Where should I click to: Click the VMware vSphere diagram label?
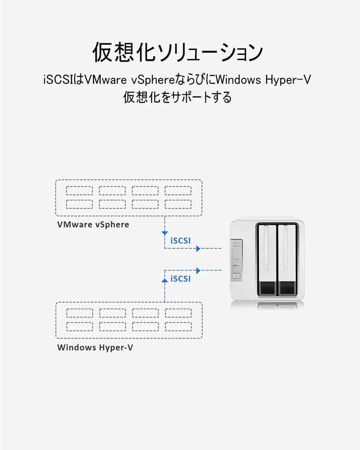click(x=93, y=225)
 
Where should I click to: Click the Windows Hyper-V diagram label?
click(x=95, y=348)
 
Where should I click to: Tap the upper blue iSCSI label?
click(x=180, y=240)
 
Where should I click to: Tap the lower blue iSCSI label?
click(x=180, y=279)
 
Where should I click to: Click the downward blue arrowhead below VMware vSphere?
click(x=164, y=232)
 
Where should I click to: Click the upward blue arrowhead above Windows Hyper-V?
click(x=164, y=279)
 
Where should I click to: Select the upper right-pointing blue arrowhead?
click(x=198, y=249)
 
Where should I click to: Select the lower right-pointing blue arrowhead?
click(x=198, y=270)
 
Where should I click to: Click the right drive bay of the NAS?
click(x=288, y=259)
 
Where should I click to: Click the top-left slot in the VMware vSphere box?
click(x=79, y=191)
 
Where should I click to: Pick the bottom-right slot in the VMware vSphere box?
click(x=178, y=204)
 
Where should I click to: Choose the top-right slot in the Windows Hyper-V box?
click(x=178, y=313)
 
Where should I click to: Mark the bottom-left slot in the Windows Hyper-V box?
click(x=79, y=327)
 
